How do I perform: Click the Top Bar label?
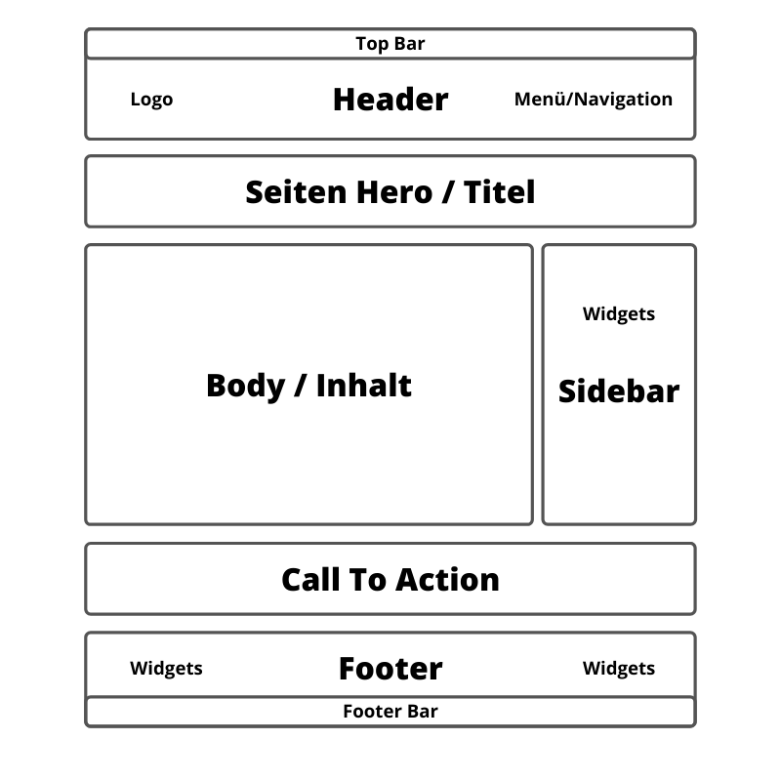click(x=390, y=44)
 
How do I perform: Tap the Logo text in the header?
click(x=151, y=100)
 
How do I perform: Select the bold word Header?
click(x=390, y=100)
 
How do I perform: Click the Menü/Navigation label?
click(x=594, y=100)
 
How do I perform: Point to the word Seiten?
click(x=296, y=192)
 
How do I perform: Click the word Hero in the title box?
click(x=394, y=192)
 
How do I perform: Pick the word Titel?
click(x=499, y=192)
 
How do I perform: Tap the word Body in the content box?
click(x=246, y=387)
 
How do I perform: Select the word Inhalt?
click(x=363, y=386)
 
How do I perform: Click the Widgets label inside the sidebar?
click(x=619, y=314)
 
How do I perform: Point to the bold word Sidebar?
click(x=619, y=391)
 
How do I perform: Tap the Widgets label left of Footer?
click(x=166, y=669)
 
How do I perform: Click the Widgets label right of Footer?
click(x=619, y=669)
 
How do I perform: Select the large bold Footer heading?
click(x=390, y=669)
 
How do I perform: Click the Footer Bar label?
click(x=390, y=712)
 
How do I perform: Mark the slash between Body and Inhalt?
click(x=301, y=386)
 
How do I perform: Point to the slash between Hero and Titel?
click(x=448, y=192)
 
